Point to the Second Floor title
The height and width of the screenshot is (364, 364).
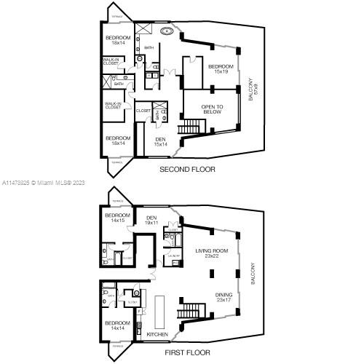(189, 170)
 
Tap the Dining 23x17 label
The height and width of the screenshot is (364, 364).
(225, 296)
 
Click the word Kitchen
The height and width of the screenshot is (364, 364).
(157, 334)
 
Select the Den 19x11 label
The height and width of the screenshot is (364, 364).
(152, 220)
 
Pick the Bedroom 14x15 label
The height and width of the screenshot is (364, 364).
(117, 218)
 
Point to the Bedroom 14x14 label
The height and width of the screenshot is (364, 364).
(117, 325)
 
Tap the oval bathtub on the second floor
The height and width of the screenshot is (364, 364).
(167, 31)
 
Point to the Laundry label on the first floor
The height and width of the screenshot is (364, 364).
(174, 256)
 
